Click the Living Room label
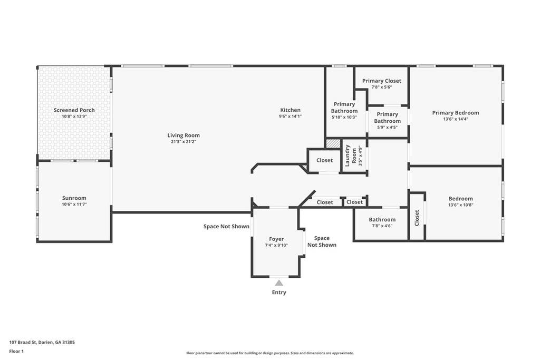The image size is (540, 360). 184,135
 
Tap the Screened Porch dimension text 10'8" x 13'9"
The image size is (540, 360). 74,116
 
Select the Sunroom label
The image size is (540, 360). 74,198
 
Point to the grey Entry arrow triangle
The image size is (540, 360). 279,283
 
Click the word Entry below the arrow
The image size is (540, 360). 279,292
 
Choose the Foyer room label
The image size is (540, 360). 276,239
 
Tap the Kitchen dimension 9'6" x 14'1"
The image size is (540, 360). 291,116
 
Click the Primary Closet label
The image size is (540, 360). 382,81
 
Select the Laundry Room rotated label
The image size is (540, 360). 351,155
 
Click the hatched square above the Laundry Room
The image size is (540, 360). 333,143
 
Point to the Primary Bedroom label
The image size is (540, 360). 456,113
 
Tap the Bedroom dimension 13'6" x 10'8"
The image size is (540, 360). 461,205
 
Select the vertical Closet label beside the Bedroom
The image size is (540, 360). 417,218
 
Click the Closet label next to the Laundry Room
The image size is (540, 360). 324,160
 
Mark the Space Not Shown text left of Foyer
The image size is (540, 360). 226,226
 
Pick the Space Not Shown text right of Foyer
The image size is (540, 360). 322,241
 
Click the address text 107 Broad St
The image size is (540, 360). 23,342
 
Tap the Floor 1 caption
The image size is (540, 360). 16,352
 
